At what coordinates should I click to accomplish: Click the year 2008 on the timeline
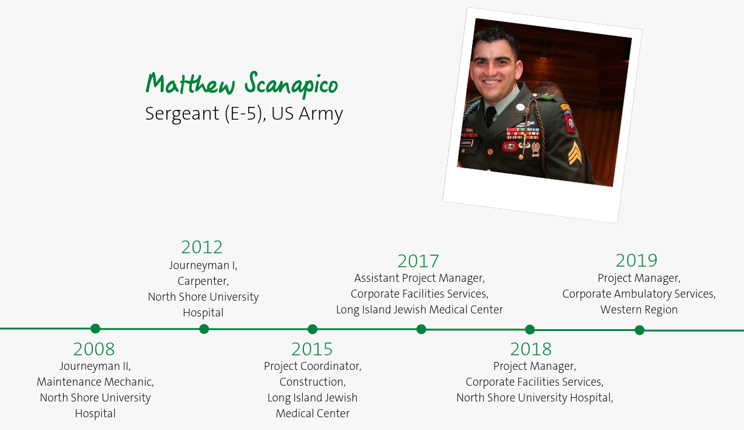(94, 349)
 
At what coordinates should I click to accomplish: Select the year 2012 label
(202, 247)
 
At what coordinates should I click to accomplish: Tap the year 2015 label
(312, 349)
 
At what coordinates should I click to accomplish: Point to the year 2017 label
(418, 261)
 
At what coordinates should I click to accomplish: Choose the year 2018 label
(531, 349)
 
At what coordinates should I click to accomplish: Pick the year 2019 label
(637, 260)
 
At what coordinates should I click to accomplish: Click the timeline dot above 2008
(95, 329)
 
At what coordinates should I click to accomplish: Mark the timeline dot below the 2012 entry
(204, 329)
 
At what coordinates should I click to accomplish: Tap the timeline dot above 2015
(312, 329)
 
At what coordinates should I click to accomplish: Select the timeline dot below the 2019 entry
(640, 330)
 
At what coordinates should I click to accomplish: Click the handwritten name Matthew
(191, 83)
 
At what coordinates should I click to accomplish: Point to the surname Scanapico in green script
(291, 84)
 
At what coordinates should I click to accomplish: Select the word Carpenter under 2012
(203, 281)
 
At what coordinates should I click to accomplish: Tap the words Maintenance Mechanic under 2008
(95, 382)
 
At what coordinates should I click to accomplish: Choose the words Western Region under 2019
(638, 310)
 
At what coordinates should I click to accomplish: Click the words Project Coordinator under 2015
(313, 366)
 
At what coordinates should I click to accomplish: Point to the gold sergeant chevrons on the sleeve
(574, 153)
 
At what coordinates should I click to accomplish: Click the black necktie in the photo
(490, 117)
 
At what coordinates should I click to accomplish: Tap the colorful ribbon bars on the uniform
(522, 134)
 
